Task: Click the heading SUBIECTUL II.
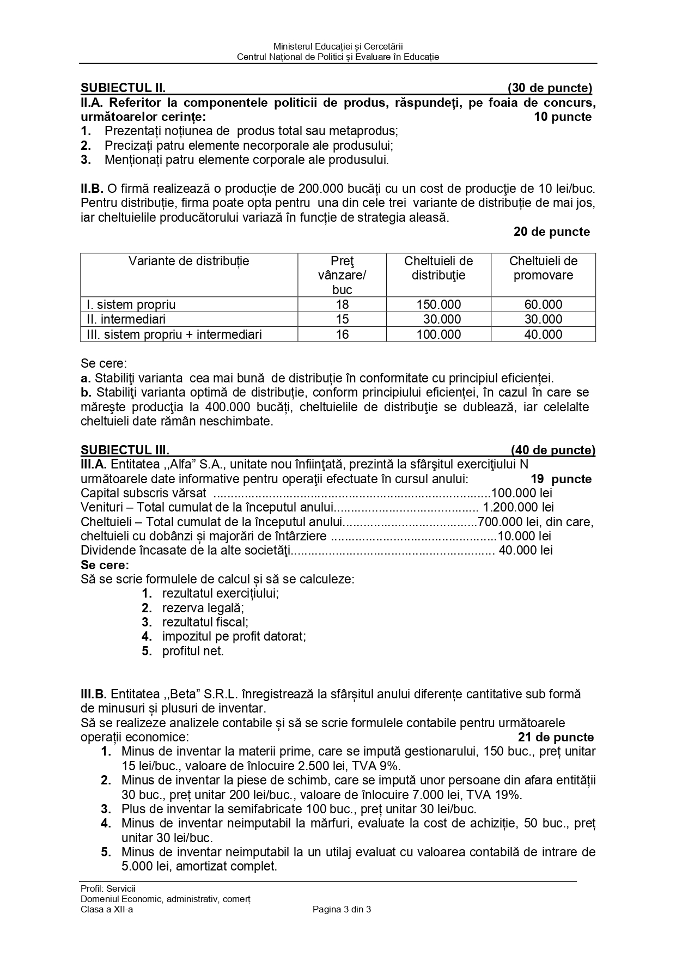click(x=123, y=88)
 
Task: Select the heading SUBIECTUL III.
click(x=125, y=450)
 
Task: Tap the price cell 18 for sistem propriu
click(x=342, y=305)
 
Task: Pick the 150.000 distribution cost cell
click(x=439, y=305)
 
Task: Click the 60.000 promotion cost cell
click(x=543, y=305)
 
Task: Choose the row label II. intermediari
click(x=126, y=319)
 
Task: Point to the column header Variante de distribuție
click(x=188, y=261)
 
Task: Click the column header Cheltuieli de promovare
click(x=543, y=268)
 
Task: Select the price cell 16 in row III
click(x=342, y=334)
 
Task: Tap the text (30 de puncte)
click(x=550, y=88)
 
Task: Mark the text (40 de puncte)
click(x=553, y=450)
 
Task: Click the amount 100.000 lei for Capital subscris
click(x=521, y=493)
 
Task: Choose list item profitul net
click(x=193, y=651)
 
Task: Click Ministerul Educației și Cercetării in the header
click(x=338, y=47)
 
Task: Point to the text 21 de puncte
click(x=556, y=738)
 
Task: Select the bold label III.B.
click(x=94, y=695)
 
